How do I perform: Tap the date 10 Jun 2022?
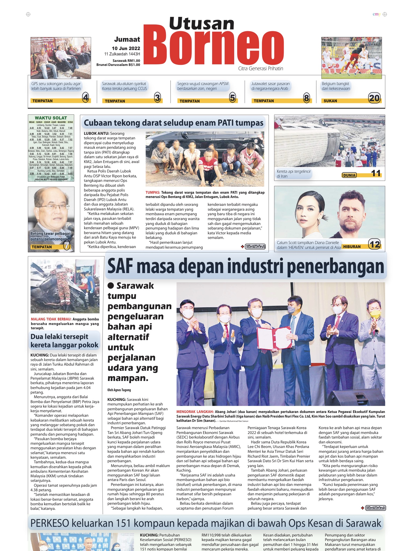pyautogui.click(x=126, y=48)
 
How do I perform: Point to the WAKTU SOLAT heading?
pyautogui.click(x=51, y=118)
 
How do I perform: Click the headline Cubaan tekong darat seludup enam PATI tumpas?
pyautogui.click(x=173, y=123)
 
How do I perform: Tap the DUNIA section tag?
pyautogui.click(x=349, y=175)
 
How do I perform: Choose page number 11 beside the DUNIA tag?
pyautogui.click(x=376, y=173)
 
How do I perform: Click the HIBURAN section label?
pyautogui.click(x=352, y=247)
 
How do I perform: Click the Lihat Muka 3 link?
pyautogui.click(x=375, y=508)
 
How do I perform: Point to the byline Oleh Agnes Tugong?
pyautogui.click(x=119, y=390)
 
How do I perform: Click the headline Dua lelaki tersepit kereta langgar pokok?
pyautogui.click(x=64, y=341)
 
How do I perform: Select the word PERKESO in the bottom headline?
pyautogui.click(x=49, y=523)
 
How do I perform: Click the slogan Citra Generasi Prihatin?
pyautogui.click(x=261, y=69)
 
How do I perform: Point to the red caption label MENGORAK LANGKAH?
pyautogui.click(x=195, y=412)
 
